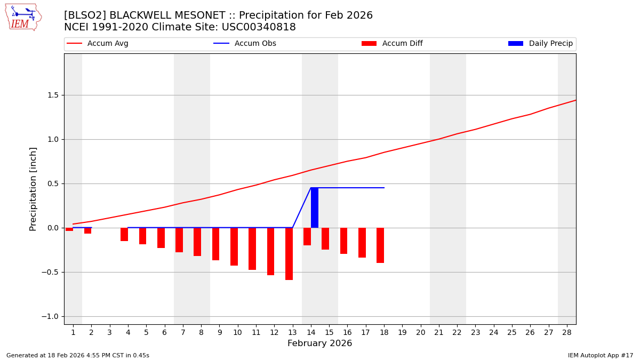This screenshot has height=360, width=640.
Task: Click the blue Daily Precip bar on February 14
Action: [x=315, y=208]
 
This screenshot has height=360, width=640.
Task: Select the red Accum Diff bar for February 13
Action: [x=289, y=254]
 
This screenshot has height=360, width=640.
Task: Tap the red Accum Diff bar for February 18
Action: [x=380, y=245]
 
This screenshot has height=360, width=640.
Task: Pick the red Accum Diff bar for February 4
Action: [x=124, y=235]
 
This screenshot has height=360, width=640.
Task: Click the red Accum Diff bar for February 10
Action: [x=234, y=246]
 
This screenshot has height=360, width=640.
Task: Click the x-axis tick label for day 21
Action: [x=438, y=333]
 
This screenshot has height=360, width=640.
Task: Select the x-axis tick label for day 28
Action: [x=566, y=333]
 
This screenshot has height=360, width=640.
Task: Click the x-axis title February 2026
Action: [x=319, y=344]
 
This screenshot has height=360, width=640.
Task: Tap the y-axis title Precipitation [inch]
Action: [x=34, y=189]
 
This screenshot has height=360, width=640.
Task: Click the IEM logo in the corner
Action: [x=23, y=17]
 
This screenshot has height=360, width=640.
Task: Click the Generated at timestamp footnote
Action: [x=78, y=356]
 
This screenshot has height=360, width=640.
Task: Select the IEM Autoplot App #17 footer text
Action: [x=600, y=356]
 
